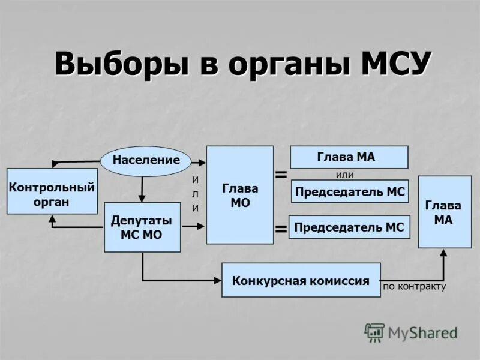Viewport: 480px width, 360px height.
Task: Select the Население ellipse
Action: (145, 160)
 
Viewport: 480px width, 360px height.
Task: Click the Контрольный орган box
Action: (52, 191)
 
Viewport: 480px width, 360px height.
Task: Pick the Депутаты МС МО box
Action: (142, 227)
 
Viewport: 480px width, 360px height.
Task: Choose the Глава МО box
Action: (239, 195)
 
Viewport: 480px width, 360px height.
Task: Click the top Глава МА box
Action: (349, 157)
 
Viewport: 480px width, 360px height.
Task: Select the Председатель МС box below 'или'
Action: (350, 191)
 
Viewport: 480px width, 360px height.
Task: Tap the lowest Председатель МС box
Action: (349, 227)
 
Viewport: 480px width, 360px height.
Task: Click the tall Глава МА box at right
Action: (445, 212)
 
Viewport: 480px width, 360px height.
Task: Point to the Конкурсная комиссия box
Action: (301, 280)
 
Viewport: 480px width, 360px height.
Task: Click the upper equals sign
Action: (280, 174)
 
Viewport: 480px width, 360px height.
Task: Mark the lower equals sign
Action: (280, 229)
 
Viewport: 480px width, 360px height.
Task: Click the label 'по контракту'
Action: (414, 286)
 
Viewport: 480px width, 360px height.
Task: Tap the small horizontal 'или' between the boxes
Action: (344, 175)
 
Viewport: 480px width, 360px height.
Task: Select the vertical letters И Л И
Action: (195, 193)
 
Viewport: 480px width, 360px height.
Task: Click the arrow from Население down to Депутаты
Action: (142, 189)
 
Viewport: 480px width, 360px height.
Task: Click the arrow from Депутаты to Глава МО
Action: (192, 226)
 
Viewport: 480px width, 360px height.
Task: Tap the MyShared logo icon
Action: (374, 332)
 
